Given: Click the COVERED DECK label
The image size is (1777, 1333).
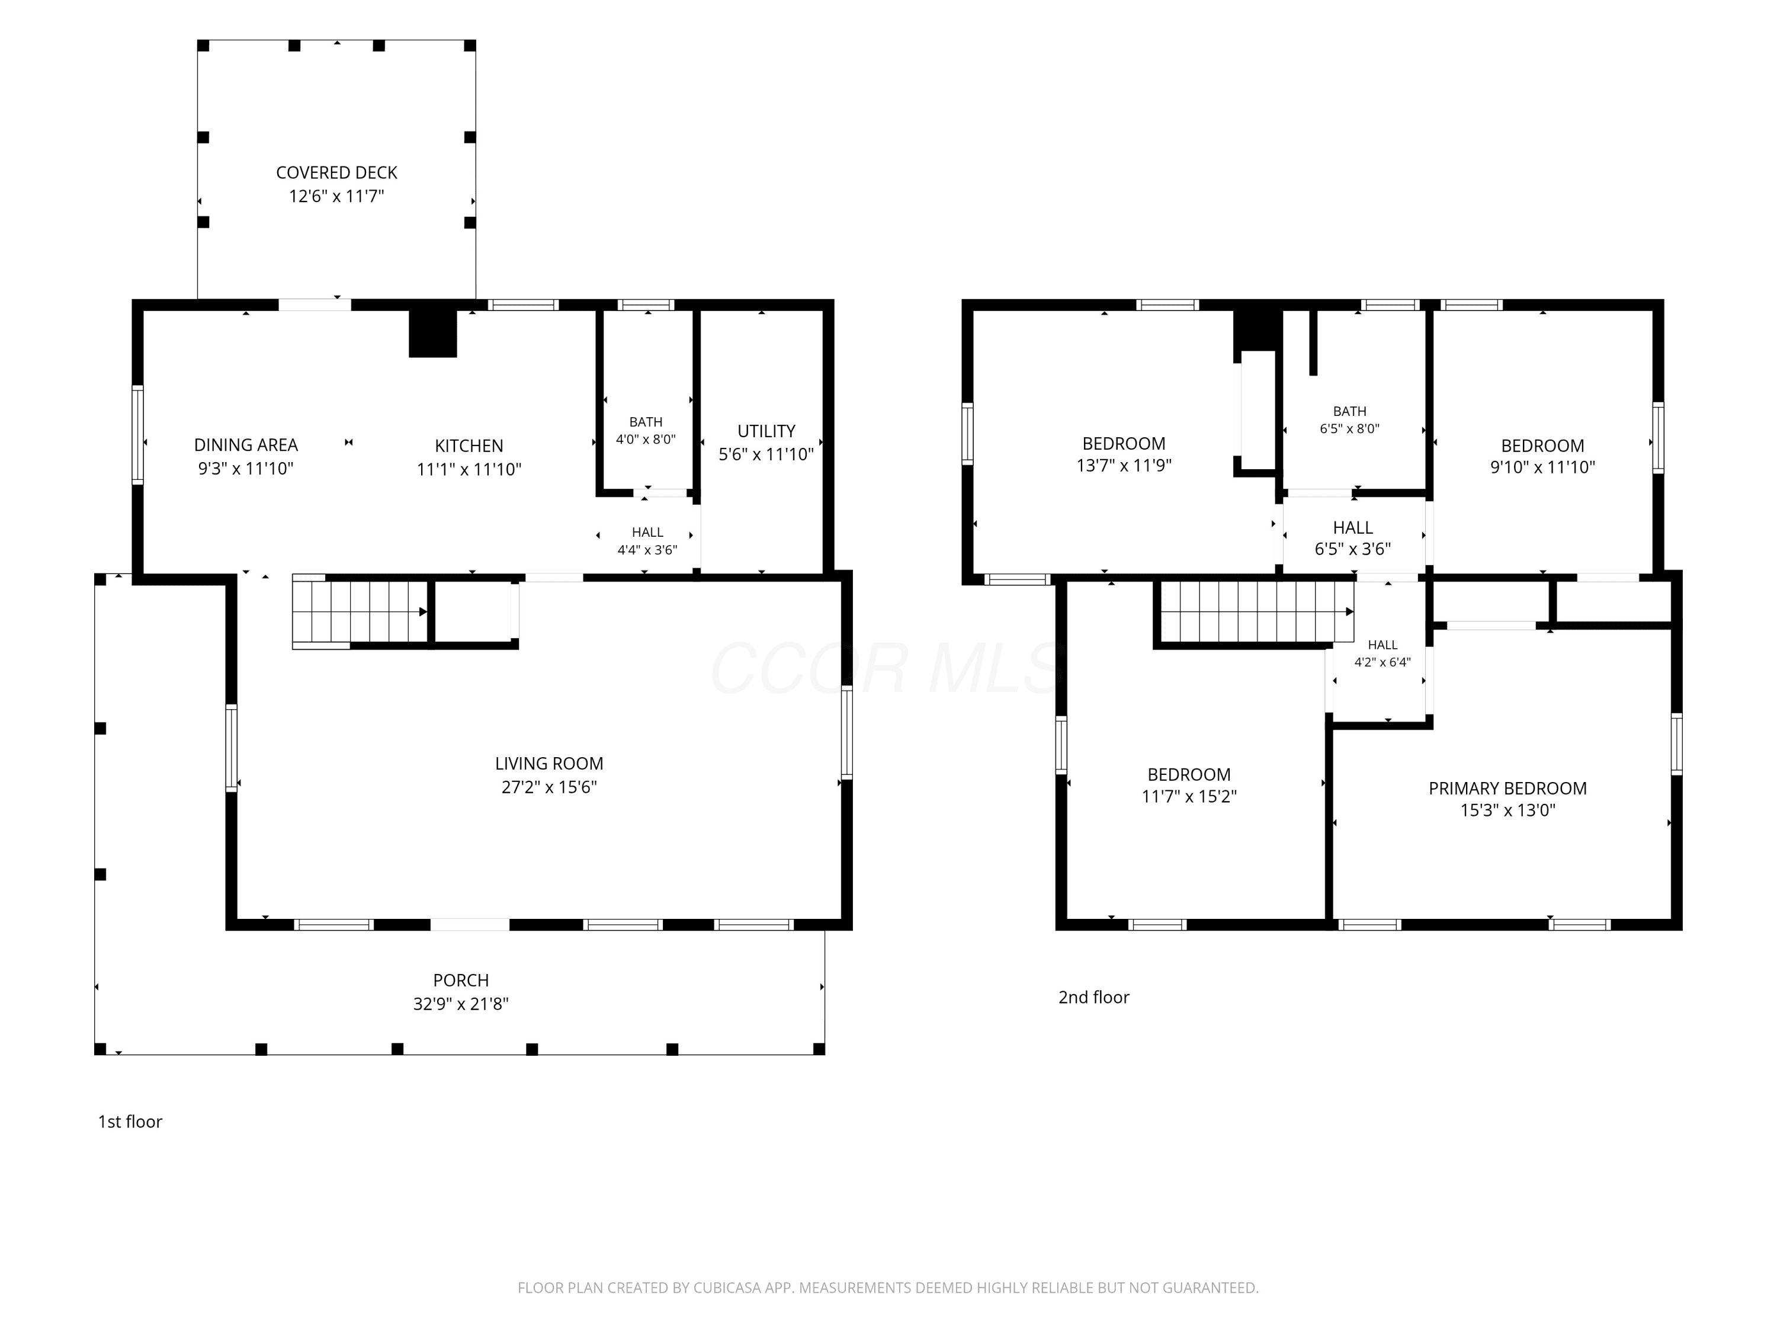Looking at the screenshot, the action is click(x=336, y=173).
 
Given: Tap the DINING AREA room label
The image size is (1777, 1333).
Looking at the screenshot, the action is click(x=246, y=445).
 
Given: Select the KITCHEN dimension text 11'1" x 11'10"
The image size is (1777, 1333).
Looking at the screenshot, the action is click(x=469, y=469).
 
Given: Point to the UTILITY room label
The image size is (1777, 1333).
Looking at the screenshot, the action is click(x=766, y=431).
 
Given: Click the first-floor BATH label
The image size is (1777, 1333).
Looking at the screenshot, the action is click(x=646, y=422).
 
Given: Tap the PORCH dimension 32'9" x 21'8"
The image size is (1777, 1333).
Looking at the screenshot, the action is click(x=461, y=1004).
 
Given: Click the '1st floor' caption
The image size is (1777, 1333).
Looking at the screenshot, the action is click(x=130, y=1121).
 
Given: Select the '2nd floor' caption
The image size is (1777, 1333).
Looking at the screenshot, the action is click(x=1093, y=997).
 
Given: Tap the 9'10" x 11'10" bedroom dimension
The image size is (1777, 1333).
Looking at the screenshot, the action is click(x=1542, y=467).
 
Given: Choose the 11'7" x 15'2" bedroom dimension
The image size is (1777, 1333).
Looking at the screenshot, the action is click(x=1189, y=796).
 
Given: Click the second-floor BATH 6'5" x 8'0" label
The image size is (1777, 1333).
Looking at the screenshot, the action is click(x=1349, y=419).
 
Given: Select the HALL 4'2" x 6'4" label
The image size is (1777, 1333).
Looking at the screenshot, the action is click(x=1383, y=653).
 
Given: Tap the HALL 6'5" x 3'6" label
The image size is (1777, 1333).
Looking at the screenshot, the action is click(x=1353, y=539).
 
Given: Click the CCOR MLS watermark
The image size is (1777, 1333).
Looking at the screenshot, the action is click(x=888, y=668).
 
